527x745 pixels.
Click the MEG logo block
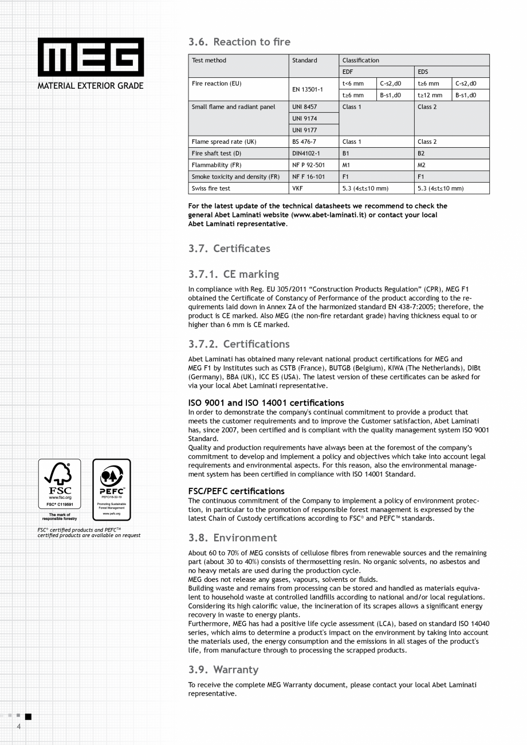pyautogui.click(x=91, y=57)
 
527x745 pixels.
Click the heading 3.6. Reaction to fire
pyautogui.click(x=239, y=42)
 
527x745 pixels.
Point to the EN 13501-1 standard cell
pyautogui.click(x=308, y=89)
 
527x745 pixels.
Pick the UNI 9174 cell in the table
pyautogui.click(x=305, y=119)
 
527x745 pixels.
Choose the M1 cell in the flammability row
pyautogui.click(x=347, y=165)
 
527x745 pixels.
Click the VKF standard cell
pyautogui.click(x=298, y=188)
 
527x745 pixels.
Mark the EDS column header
pyautogui.click(x=423, y=72)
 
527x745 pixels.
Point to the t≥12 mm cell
pyautogui.click(x=430, y=95)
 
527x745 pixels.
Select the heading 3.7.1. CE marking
pyautogui.click(x=234, y=274)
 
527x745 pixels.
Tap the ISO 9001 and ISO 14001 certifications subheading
pyautogui.click(x=266, y=403)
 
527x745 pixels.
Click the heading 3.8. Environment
pyautogui.click(x=233, y=538)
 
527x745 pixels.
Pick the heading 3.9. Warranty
pyautogui.click(x=223, y=669)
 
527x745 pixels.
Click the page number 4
pyautogui.click(x=19, y=727)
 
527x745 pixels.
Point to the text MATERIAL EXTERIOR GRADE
pyautogui.click(x=91, y=86)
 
